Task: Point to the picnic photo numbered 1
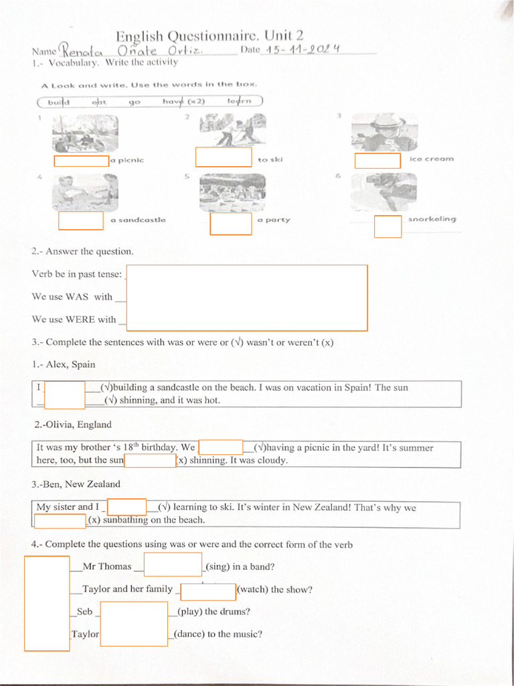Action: [x=85, y=134]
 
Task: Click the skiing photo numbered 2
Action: [x=232, y=130]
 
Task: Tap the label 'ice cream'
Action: [x=431, y=159]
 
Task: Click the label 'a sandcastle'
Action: [x=138, y=220]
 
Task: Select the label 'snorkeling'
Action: [x=432, y=219]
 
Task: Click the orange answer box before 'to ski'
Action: [x=223, y=157]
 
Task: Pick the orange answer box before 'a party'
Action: [x=231, y=223]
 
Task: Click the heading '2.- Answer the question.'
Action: [x=82, y=252]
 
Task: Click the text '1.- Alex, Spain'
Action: [x=64, y=364]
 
